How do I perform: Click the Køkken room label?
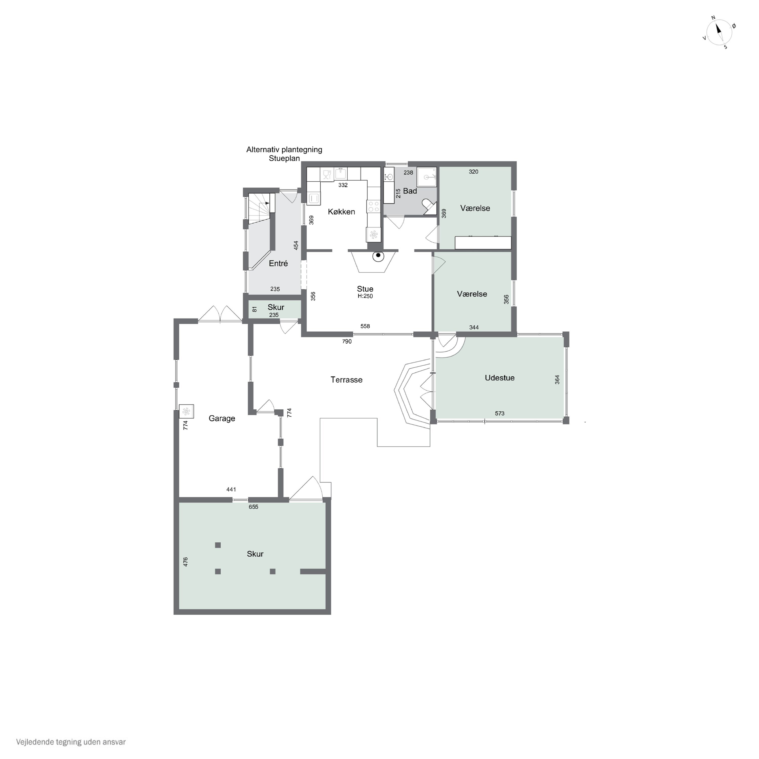point(341,212)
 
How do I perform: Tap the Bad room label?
point(410,191)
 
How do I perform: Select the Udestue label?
point(499,378)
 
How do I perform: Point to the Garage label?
point(222,419)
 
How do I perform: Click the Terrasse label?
point(346,380)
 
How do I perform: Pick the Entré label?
point(278,264)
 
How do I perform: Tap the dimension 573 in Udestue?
point(499,413)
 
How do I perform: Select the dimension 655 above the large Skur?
point(254,507)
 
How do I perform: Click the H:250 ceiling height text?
point(365,296)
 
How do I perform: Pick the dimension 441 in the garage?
point(231,490)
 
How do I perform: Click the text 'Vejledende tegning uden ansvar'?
point(71,742)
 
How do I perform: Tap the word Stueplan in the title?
point(284,158)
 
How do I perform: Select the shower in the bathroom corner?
point(427,177)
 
